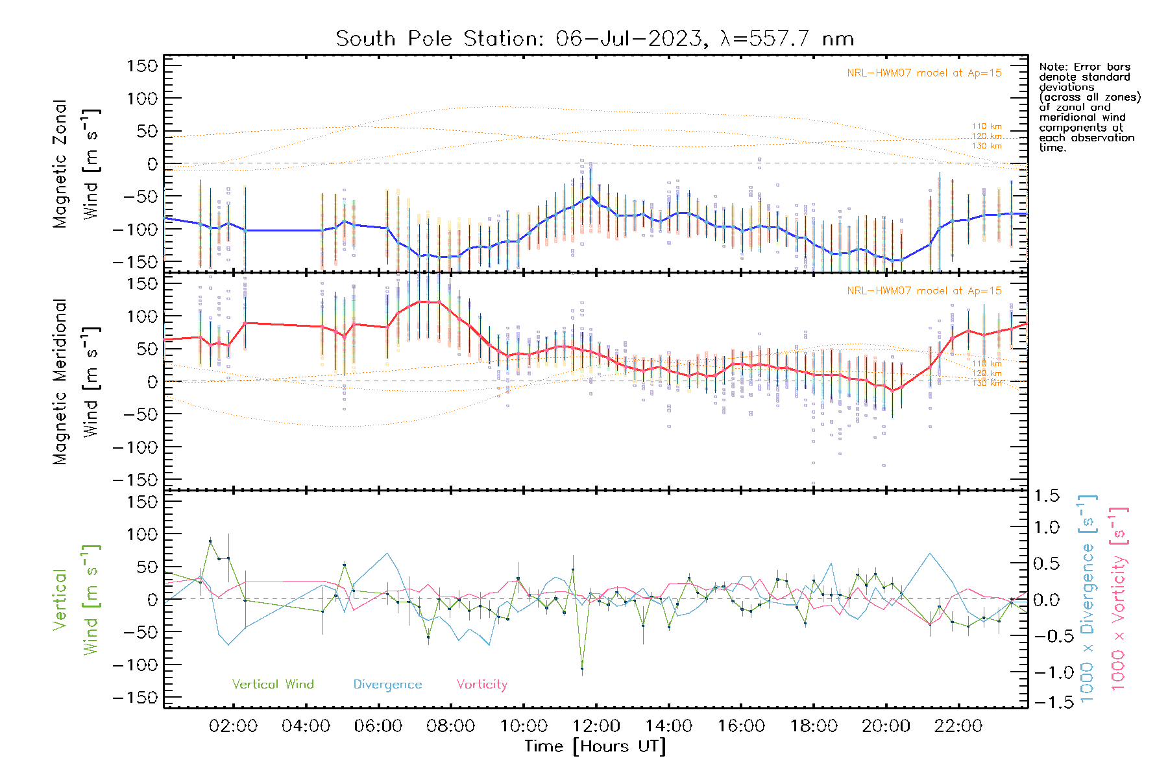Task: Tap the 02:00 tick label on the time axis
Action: pyautogui.click(x=233, y=726)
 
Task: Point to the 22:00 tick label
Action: pyautogui.click(x=958, y=726)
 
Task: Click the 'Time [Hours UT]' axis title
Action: pyautogui.click(x=595, y=746)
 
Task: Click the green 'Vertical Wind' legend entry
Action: pyautogui.click(x=273, y=685)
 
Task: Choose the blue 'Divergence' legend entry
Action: pyautogui.click(x=387, y=685)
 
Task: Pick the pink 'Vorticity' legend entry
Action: pyautogui.click(x=481, y=685)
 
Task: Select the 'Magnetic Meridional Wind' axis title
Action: pyautogui.click(x=75, y=382)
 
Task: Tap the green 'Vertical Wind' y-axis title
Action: pyautogui.click(x=75, y=600)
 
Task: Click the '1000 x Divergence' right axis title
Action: pyautogui.click(x=1088, y=600)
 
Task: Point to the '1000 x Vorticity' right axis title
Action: pyautogui.click(x=1119, y=600)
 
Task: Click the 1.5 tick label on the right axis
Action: pyautogui.click(x=1047, y=496)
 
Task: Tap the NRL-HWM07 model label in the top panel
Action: pyautogui.click(x=924, y=73)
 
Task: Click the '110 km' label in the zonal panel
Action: pyautogui.click(x=986, y=126)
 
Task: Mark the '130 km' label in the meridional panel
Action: pyautogui.click(x=986, y=383)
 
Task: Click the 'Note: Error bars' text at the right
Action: pyautogui.click(x=1084, y=67)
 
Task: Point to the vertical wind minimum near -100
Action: pyautogui.click(x=582, y=668)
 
